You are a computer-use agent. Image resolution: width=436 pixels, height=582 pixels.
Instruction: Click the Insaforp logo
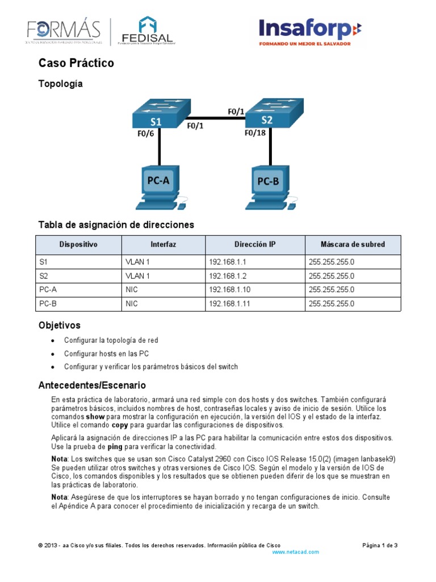click(309, 32)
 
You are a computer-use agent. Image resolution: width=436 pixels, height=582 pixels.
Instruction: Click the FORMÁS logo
click(64, 32)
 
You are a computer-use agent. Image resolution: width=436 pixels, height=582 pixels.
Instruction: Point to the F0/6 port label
click(146, 135)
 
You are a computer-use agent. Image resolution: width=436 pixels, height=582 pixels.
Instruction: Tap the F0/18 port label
click(255, 134)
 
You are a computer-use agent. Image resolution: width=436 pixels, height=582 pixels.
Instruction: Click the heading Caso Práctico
click(76, 63)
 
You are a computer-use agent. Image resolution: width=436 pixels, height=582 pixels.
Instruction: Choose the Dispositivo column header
click(79, 244)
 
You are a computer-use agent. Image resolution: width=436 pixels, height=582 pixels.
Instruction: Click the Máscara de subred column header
click(353, 244)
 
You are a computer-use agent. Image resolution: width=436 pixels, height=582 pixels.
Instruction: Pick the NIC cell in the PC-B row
click(132, 304)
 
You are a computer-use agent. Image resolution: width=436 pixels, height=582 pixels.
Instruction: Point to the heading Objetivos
click(59, 326)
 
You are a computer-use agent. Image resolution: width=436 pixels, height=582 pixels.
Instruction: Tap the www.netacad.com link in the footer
click(296, 552)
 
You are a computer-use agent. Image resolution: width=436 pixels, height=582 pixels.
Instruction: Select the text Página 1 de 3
click(380, 545)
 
